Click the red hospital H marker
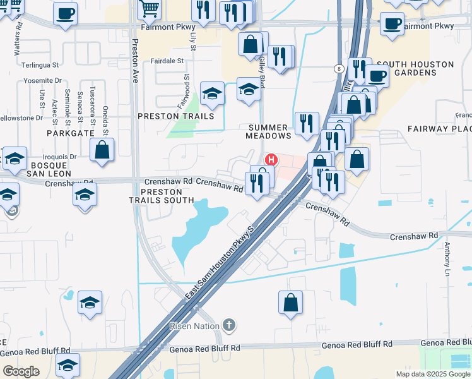271,159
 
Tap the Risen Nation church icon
229,326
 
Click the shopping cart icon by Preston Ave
149,8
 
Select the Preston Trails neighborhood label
176,116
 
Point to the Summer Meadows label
269,131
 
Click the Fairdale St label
167,61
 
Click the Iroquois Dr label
60,156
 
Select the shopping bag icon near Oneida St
102,150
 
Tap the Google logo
21,371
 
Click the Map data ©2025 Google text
432,374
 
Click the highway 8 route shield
339,69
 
